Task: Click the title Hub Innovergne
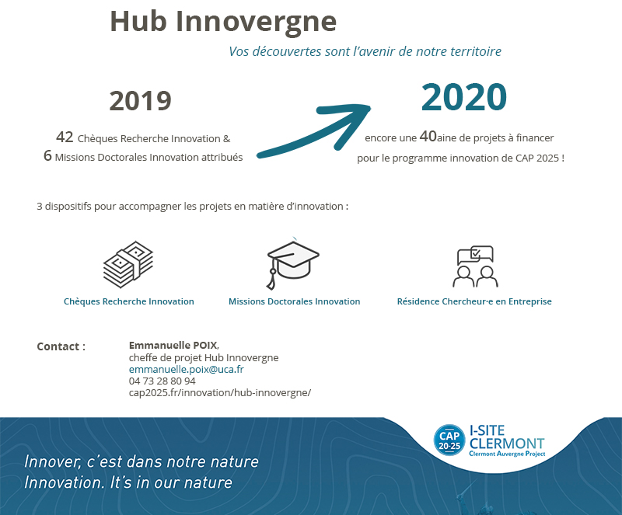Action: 223,23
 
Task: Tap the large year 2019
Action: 141,101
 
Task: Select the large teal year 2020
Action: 463,97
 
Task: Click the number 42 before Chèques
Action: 65,137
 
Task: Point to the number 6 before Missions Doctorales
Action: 47,155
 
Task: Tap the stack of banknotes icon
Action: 128,264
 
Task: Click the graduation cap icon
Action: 293,263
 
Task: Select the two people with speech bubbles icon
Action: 475,266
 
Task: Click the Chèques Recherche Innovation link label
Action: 129,301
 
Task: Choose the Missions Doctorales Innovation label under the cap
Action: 295,301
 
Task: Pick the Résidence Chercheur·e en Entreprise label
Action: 474,301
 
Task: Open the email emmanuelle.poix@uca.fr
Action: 187,370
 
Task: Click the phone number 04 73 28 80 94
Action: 162,381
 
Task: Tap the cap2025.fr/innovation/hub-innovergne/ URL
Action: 220,393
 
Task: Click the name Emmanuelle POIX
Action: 173,346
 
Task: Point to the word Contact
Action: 58,346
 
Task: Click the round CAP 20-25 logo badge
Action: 449,440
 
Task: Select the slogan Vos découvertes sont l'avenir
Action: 365,51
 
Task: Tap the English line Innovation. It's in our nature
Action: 128,482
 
